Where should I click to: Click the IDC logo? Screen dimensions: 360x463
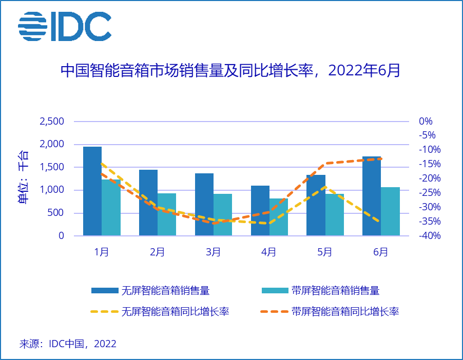click(x=65, y=27)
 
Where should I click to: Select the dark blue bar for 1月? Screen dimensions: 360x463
click(x=92, y=191)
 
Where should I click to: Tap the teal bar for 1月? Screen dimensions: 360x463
click(x=111, y=208)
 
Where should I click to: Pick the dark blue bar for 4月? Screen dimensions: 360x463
click(x=260, y=210)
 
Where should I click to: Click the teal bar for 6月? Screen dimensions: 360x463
click(x=390, y=211)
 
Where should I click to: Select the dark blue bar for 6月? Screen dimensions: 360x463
click(x=372, y=196)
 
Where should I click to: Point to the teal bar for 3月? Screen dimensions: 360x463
click(x=223, y=214)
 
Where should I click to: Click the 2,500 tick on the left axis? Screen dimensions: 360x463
click(x=51, y=122)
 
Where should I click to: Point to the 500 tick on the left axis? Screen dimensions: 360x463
click(x=56, y=213)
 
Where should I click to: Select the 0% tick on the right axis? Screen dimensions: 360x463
click(x=426, y=122)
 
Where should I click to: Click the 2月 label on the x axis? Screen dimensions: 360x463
click(x=158, y=252)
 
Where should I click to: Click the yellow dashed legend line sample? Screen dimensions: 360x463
click(x=104, y=311)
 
